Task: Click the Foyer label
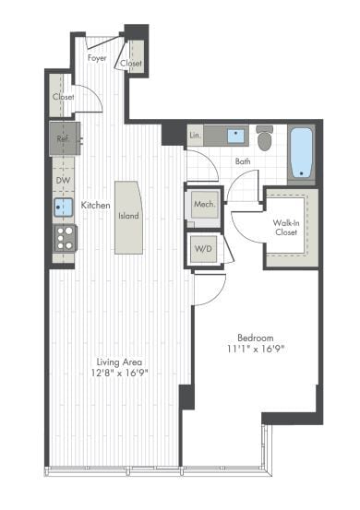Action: click(x=96, y=58)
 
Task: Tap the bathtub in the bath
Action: click(x=302, y=152)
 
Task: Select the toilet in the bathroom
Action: click(x=265, y=139)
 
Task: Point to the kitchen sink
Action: click(x=63, y=207)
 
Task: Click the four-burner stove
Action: click(x=64, y=238)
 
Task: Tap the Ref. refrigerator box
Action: click(x=64, y=139)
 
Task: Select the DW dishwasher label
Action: click(x=61, y=181)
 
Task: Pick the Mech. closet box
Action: click(x=205, y=206)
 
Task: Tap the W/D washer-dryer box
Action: click(x=204, y=248)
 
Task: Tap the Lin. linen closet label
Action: click(x=195, y=136)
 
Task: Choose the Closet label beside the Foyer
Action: click(x=131, y=64)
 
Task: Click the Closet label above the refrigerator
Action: click(x=63, y=97)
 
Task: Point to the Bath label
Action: click(x=242, y=161)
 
